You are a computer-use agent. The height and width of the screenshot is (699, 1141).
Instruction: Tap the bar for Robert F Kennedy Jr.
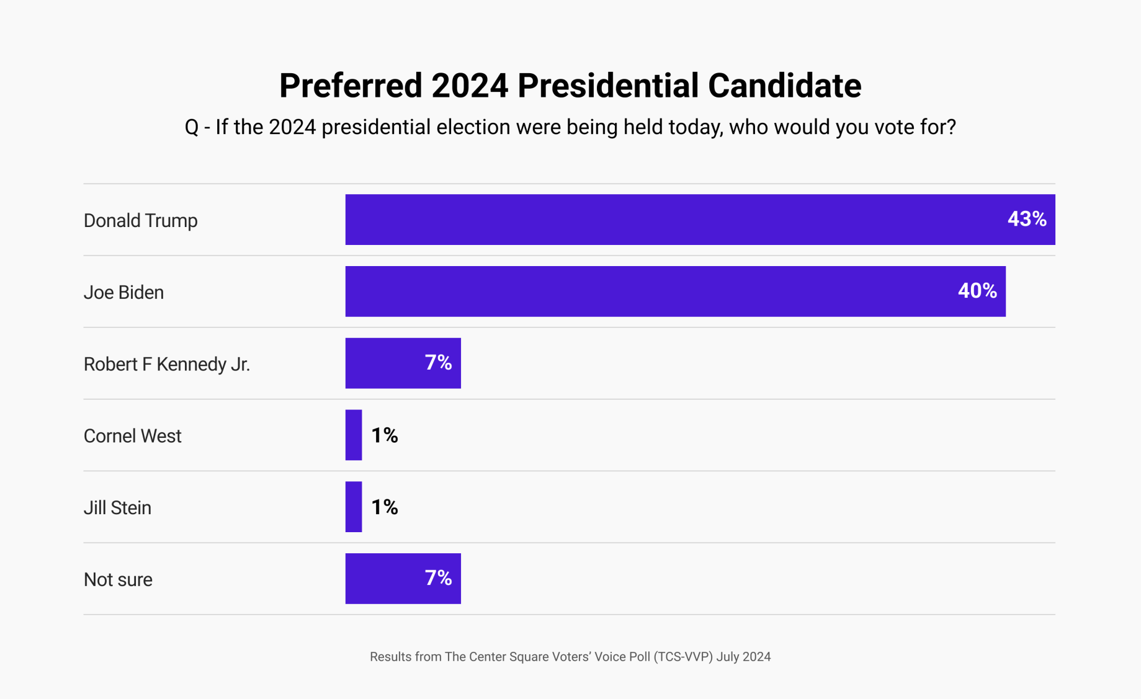[385, 363]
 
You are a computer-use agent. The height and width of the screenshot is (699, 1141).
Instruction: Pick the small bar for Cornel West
[354, 435]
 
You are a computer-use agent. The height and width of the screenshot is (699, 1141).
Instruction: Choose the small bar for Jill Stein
[354, 507]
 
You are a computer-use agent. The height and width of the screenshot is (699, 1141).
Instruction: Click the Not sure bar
[385, 579]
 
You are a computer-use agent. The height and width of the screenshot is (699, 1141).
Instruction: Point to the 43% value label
[1026, 219]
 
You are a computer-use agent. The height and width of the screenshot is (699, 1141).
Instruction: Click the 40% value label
[977, 291]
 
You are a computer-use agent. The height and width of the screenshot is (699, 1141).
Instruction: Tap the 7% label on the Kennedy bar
[438, 363]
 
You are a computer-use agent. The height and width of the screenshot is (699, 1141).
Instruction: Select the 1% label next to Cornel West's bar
[384, 435]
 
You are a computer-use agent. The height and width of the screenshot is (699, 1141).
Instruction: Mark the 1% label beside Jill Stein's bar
[384, 507]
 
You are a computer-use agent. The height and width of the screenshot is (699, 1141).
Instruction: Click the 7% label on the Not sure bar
[438, 578]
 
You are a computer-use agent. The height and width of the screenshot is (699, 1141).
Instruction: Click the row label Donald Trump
[140, 221]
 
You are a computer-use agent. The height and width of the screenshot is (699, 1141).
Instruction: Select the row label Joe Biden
[123, 292]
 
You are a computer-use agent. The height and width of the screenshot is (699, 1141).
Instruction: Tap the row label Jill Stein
[117, 508]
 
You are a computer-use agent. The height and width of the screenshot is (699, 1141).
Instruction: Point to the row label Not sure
[118, 580]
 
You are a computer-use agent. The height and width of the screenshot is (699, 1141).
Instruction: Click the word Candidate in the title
[784, 86]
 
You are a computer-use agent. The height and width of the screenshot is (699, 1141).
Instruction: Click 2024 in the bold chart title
[470, 86]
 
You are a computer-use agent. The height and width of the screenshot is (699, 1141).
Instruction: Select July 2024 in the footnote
[743, 657]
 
